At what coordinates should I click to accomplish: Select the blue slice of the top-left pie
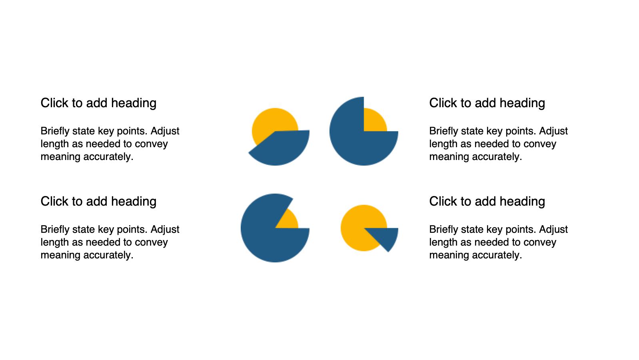tap(282, 148)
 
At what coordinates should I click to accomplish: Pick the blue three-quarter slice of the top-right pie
tap(354, 140)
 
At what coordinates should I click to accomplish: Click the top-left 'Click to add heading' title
tap(98, 103)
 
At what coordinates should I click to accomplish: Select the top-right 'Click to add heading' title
tap(487, 103)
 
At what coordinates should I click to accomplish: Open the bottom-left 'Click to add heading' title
tap(98, 202)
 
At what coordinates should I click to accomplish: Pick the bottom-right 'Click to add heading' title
tap(487, 202)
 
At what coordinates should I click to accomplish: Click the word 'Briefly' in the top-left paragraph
tap(55, 131)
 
